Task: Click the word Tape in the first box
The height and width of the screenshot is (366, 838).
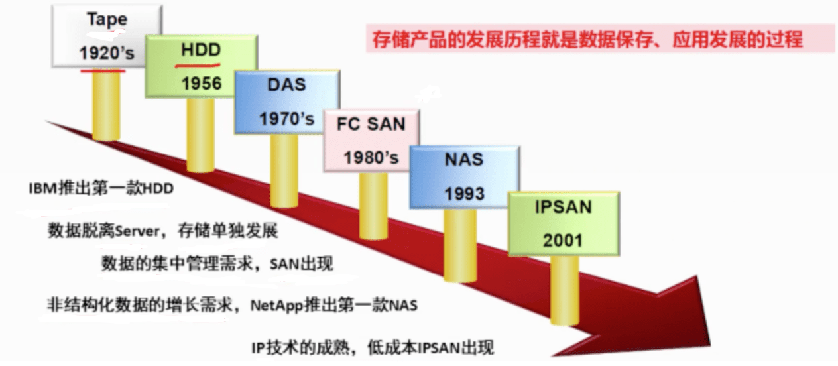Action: click(106, 19)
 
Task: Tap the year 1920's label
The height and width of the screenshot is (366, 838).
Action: click(106, 54)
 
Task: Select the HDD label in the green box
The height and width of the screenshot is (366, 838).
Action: click(200, 50)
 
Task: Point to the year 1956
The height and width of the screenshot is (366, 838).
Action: click(200, 84)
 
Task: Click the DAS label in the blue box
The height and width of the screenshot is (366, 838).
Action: click(286, 85)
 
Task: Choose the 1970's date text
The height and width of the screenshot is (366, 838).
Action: click(286, 119)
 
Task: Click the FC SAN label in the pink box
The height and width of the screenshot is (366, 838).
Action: click(371, 124)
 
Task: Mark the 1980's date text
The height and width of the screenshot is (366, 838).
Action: click(371, 158)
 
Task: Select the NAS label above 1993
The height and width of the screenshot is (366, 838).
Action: click(464, 160)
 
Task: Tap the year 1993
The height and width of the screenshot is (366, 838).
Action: click(464, 194)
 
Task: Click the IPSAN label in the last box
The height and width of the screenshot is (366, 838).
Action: click(563, 206)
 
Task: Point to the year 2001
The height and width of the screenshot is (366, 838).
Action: click(563, 240)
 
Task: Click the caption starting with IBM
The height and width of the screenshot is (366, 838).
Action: click(101, 189)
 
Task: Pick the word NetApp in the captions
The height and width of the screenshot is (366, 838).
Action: click(276, 306)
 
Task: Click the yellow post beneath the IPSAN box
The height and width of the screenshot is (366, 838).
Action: click(564, 292)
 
